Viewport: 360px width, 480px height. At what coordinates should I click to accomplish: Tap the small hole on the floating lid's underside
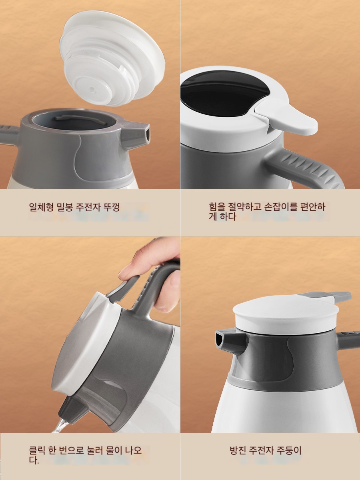point(92,89)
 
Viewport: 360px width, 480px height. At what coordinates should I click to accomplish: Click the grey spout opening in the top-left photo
point(148,134)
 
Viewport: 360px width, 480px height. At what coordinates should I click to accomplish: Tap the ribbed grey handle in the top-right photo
point(306,168)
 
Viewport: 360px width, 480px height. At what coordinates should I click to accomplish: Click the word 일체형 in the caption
point(41,207)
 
